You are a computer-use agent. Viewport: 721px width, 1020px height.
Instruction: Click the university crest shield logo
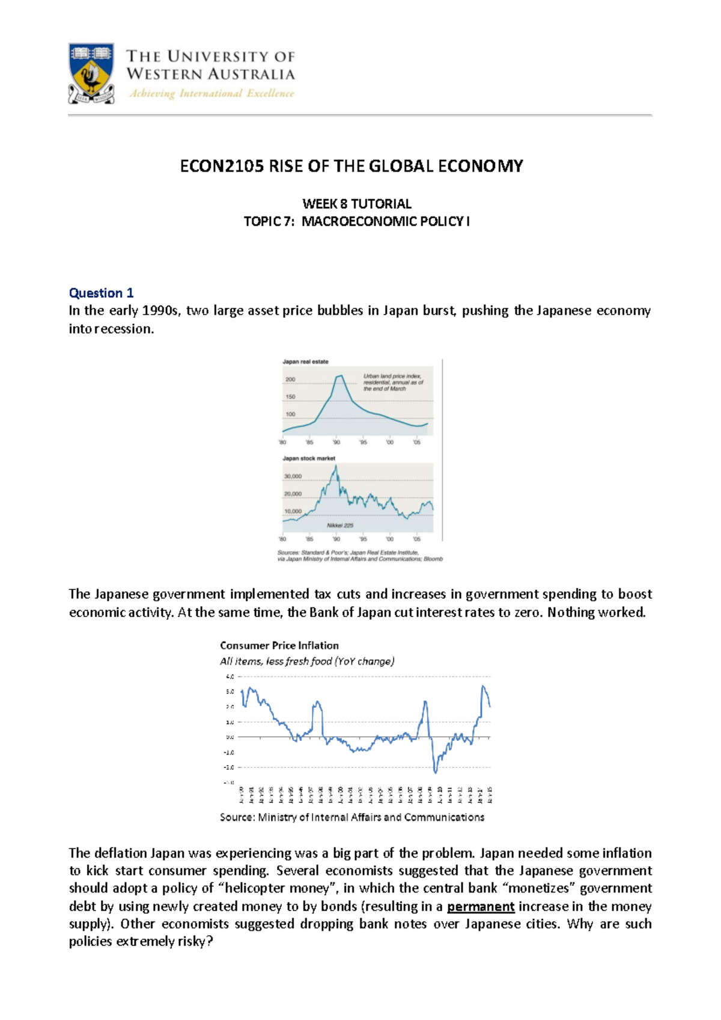91,72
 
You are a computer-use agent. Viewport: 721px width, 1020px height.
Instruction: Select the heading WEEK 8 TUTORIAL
356,204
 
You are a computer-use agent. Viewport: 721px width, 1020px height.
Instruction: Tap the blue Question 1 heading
101,293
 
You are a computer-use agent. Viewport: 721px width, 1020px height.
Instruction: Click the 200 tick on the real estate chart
290,379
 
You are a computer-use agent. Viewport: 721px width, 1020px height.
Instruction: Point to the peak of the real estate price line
340,376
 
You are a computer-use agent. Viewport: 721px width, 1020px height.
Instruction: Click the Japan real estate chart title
305,362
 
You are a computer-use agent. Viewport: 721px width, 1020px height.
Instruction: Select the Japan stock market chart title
309,458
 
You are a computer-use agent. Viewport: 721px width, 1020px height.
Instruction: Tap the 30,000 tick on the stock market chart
293,476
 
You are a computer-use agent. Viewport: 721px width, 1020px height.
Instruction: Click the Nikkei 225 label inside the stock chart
340,525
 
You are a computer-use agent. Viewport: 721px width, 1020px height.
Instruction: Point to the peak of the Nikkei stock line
336,465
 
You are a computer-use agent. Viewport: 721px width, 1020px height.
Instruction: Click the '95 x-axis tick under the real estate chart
363,442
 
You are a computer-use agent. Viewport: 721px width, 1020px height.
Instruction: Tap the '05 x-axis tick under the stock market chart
416,539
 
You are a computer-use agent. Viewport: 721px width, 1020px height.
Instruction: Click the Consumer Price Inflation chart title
279,645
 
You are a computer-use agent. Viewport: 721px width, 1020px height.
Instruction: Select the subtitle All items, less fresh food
306,662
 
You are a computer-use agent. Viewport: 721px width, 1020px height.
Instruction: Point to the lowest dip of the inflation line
435,772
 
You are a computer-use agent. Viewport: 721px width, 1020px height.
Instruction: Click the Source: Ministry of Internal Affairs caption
352,817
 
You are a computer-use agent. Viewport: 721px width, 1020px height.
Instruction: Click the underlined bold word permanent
481,906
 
